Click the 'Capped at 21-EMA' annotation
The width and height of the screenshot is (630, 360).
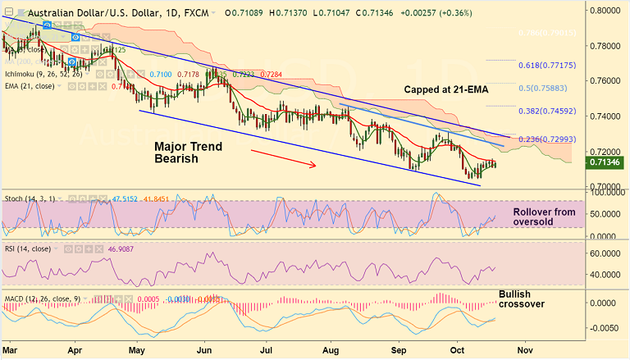click(x=446, y=89)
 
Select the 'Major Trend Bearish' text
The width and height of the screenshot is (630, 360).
click(x=188, y=153)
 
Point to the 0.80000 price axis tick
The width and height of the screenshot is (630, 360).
click(x=608, y=11)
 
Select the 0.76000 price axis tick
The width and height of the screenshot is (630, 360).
click(x=608, y=81)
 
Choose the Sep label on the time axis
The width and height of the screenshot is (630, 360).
click(x=399, y=349)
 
